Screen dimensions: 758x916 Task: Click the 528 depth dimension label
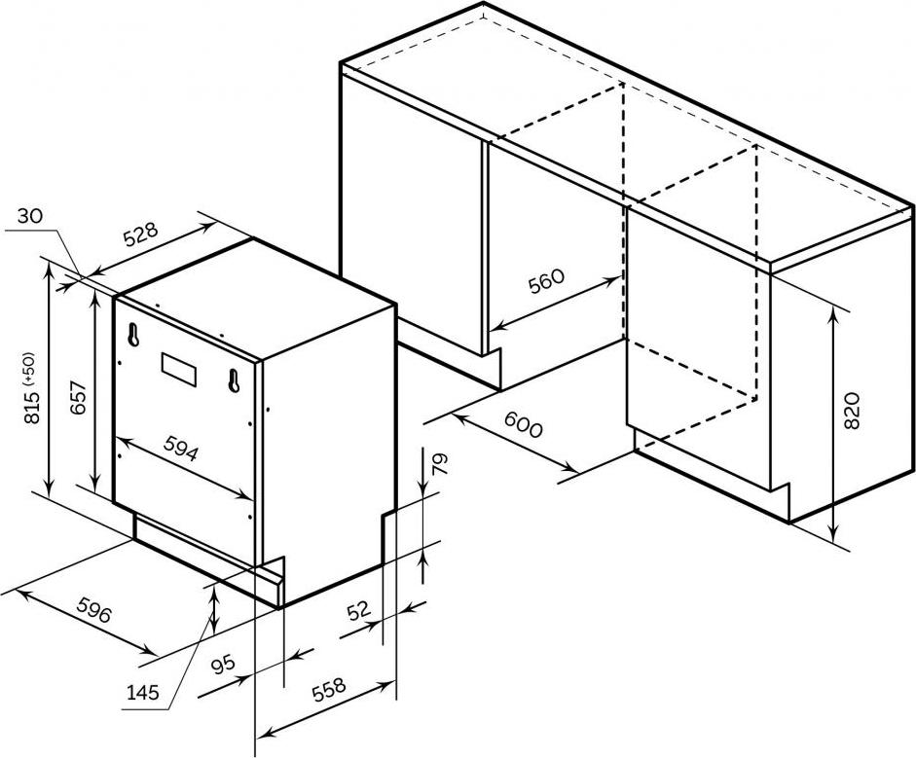(x=141, y=235)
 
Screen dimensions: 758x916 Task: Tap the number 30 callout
(x=30, y=217)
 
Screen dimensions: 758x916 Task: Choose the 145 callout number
(x=143, y=693)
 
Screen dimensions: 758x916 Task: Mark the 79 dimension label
(x=439, y=465)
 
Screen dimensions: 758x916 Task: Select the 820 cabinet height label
(x=852, y=411)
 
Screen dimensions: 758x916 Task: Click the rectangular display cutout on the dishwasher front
(x=177, y=368)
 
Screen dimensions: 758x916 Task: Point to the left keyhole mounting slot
(x=132, y=333)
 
